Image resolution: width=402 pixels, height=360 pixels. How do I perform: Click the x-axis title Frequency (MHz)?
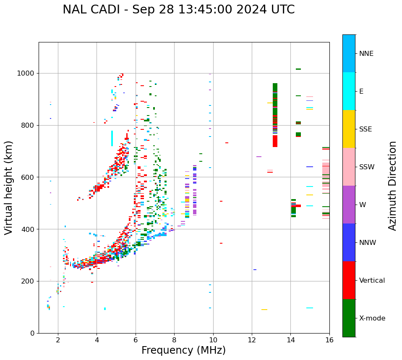(183, 350)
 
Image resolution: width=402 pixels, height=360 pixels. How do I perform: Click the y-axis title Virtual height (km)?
(9, 188)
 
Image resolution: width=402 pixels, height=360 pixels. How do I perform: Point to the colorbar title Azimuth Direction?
(392, 186)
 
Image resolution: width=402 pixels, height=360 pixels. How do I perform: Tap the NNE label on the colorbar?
(366, 54)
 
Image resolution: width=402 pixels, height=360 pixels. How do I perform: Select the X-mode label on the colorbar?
(372, 318)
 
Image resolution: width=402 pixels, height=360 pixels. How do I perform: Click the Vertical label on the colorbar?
(372, 281)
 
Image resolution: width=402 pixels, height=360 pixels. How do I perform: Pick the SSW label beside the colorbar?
(367, 167)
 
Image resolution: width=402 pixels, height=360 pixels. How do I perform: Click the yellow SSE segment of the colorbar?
(349, 129)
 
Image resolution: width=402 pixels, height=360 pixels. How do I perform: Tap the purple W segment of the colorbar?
(349, 205)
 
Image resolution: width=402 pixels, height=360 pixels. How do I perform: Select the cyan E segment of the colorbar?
(349, 91)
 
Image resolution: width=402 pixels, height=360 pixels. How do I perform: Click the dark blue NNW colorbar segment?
(349, 242)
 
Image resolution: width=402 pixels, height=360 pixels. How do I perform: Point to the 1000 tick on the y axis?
(26, 74)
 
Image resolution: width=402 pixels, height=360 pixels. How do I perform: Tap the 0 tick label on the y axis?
(32, 333)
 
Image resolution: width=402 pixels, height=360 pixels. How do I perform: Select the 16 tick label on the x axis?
(329, 340)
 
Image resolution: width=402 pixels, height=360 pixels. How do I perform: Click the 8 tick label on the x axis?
(174, 340)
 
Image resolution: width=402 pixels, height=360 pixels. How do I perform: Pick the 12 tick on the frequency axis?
(252, 340)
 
